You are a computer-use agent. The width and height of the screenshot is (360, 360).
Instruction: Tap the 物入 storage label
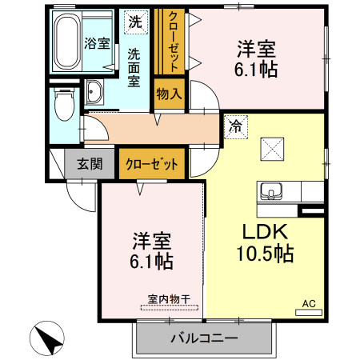(x=169, y=94)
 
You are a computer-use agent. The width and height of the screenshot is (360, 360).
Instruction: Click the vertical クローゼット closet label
(x=172, y=40)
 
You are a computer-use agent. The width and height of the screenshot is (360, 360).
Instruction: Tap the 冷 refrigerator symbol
(x=235, y=125)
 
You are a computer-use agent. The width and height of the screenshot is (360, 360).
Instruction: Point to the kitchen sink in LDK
(x=270, y=192)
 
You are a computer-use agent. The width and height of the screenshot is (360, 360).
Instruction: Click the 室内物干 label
(x=169, y=300)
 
